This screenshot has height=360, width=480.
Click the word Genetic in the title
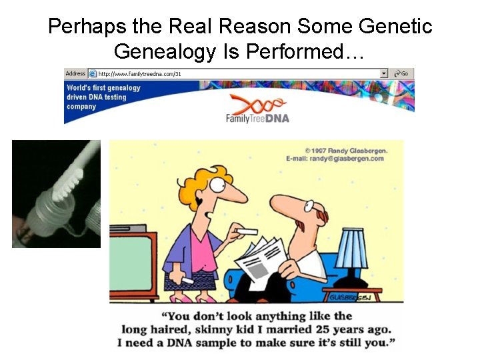[x=396, y=27]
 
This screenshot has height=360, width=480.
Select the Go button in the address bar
[x=402, y=73]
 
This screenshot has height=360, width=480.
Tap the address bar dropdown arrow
[x=384, y=73]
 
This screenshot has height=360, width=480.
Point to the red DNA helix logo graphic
[x=257, y=103]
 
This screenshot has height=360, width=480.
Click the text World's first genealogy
[x=103, y=88]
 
